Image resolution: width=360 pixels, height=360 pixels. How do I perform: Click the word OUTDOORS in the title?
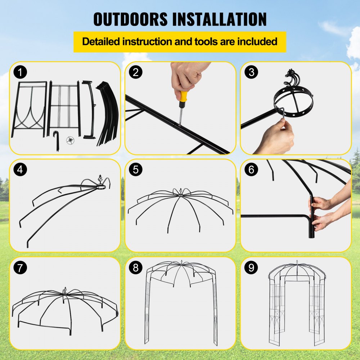[x=131, y=19]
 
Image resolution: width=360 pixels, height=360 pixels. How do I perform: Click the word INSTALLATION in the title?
[x=219, y=19]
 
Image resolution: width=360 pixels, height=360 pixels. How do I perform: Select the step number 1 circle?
[x=20, y=72]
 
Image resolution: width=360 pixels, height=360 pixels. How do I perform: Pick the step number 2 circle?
[x=136, y=72]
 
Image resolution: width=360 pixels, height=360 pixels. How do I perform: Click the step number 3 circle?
[x=251, y=72]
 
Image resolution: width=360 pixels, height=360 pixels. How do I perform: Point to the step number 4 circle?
[x=20, y=170]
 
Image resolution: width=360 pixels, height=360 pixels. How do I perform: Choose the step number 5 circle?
[x=136, y=170]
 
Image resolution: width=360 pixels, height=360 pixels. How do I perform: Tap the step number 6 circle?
[x=251, y=170]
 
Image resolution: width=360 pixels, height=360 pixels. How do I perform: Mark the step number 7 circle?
[x=20, y=268]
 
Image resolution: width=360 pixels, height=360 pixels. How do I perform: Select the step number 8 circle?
[x=136, y=268]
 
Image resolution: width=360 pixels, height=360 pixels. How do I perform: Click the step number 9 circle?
[x=251, y=268]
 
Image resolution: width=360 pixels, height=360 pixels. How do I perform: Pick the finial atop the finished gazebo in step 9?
[x=297, y=262]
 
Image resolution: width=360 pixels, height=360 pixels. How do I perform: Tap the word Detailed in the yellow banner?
[x=101, y=41]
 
